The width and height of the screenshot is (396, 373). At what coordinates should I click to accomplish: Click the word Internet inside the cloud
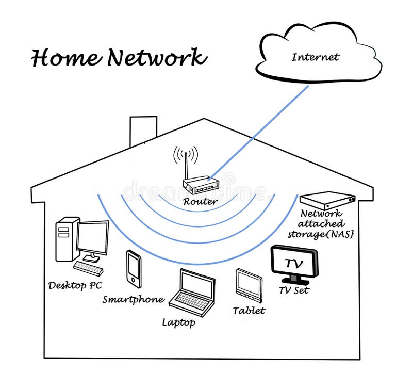coord(315,57)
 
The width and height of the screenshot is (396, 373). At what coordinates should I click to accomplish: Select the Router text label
coord(200,202)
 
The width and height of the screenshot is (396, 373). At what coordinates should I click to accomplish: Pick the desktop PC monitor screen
coord(93,237)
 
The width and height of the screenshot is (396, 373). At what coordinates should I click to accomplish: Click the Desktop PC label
coord(75,285)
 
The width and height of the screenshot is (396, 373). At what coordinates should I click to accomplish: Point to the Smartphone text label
coord(133,299)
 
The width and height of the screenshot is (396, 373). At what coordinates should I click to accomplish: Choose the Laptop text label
coord(178,323)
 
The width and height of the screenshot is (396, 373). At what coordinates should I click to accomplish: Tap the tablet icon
coord(249,285)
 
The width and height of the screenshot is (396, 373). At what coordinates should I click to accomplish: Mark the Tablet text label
coord(249,311)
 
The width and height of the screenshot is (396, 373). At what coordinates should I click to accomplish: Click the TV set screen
coord(294,263)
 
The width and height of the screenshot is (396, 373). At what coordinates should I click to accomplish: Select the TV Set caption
coord(294,290)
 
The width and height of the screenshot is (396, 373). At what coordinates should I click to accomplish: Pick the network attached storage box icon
coord(328,200)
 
